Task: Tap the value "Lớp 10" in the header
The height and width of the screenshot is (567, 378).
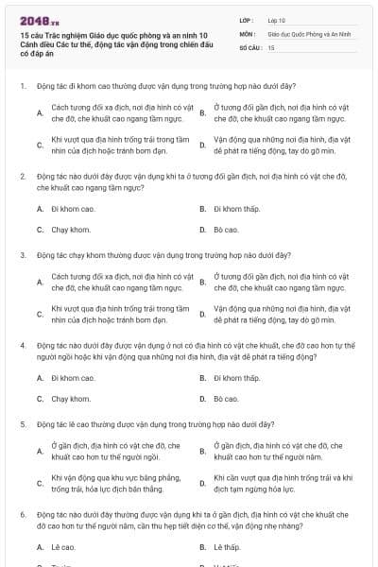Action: tap(277, 19)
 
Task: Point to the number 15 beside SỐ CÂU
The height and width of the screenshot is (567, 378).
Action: tap(271, 46)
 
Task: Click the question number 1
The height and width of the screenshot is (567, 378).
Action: tap(22, 86)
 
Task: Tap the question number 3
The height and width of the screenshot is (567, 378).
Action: tap(22, 254)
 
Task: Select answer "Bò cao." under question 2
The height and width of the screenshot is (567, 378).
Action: tap(226, 229)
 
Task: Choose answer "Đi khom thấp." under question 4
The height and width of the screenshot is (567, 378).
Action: tap(236, 377)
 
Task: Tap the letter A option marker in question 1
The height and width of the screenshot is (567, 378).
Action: tap(40, 113)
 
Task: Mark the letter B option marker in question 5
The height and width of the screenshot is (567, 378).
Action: tap(202, 451)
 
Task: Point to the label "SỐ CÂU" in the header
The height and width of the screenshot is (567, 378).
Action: tap(249, 46)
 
